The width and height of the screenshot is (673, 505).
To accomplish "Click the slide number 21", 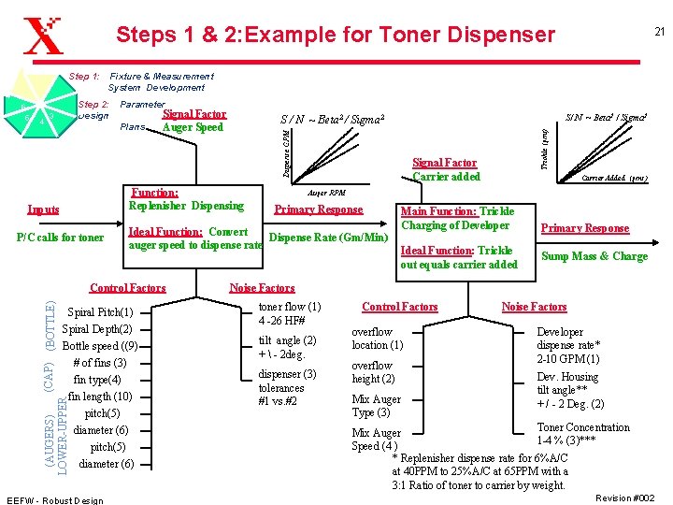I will point(658,32).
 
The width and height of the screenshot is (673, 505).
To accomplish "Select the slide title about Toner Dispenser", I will point(335,36).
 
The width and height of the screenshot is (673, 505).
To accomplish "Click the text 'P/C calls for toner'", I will point(61,237).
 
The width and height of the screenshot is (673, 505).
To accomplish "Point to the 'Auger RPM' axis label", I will point(326,192).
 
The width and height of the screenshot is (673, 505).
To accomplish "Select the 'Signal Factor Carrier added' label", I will point(445,169).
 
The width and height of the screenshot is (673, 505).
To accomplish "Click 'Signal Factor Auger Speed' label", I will point(193,121).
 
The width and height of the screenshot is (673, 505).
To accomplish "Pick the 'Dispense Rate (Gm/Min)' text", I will point(327,237).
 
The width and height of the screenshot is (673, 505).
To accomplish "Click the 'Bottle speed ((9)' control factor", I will point(100,345).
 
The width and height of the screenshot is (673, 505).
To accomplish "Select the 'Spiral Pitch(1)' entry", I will point(102,311).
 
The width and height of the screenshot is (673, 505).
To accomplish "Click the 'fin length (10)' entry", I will point(100,396).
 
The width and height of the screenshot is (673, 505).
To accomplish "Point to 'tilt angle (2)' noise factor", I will point(287,347).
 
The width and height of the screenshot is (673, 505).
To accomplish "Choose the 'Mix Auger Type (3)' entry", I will point(376,406).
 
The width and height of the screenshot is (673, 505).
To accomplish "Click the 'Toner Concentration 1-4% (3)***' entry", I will point(569,434).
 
